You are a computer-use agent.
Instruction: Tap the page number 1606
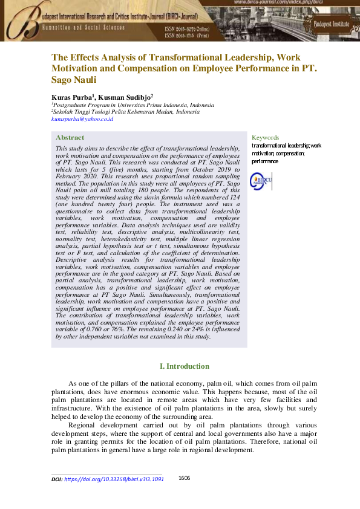tap(185, 478)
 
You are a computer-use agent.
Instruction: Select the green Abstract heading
tap(70, 138)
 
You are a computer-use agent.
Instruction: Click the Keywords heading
tap(265, 138)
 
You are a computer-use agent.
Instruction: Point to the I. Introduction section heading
tap(184, 366)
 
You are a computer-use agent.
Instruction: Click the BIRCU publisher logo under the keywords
tap(261, 180)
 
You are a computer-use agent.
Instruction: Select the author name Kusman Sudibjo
tap(126, 97)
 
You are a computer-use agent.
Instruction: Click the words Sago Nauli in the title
tap(74, 80)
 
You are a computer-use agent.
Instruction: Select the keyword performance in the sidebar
tap(265, 161)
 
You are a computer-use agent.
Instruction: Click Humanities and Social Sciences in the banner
tap(84, 28)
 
